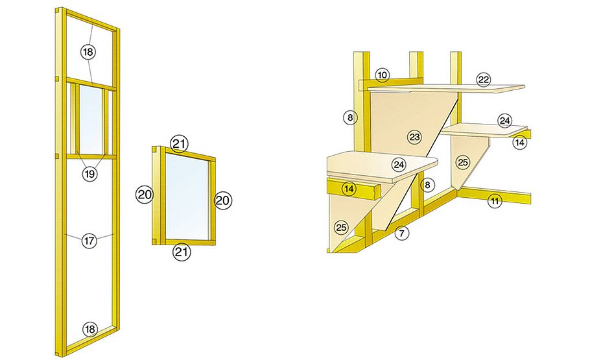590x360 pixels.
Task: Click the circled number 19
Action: click(x=89, y=174)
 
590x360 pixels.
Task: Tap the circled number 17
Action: click(x=89, y=241)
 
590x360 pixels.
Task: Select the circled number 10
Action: click(x=383, y=75)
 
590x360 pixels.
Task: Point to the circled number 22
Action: click(x=484, y=80)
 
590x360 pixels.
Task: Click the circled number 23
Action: click(x=414, y=137)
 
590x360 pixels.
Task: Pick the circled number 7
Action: click(x=402, y=234)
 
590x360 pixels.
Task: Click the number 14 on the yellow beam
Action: click(x=349, y=188)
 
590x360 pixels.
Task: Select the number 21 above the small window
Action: click(x=180, y=144)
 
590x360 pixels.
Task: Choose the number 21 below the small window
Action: click(x=182, y=252)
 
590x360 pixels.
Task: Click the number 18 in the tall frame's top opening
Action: click(x=88, y=52)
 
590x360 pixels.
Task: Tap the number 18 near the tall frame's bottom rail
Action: click(x=90, y=330)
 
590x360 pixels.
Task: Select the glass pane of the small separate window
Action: click(x=187, y=195)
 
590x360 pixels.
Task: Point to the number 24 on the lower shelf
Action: click(x=399, y=165)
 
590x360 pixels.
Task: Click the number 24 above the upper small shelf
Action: click(x=504, y=121)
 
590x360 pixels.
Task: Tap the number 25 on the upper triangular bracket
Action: click(x=463, y=162)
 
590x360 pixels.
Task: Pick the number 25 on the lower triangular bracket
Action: click(x=341, y=228)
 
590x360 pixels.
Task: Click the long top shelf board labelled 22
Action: click(x=446, y=88)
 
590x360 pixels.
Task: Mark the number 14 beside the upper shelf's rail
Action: click(x=519, y=143)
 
